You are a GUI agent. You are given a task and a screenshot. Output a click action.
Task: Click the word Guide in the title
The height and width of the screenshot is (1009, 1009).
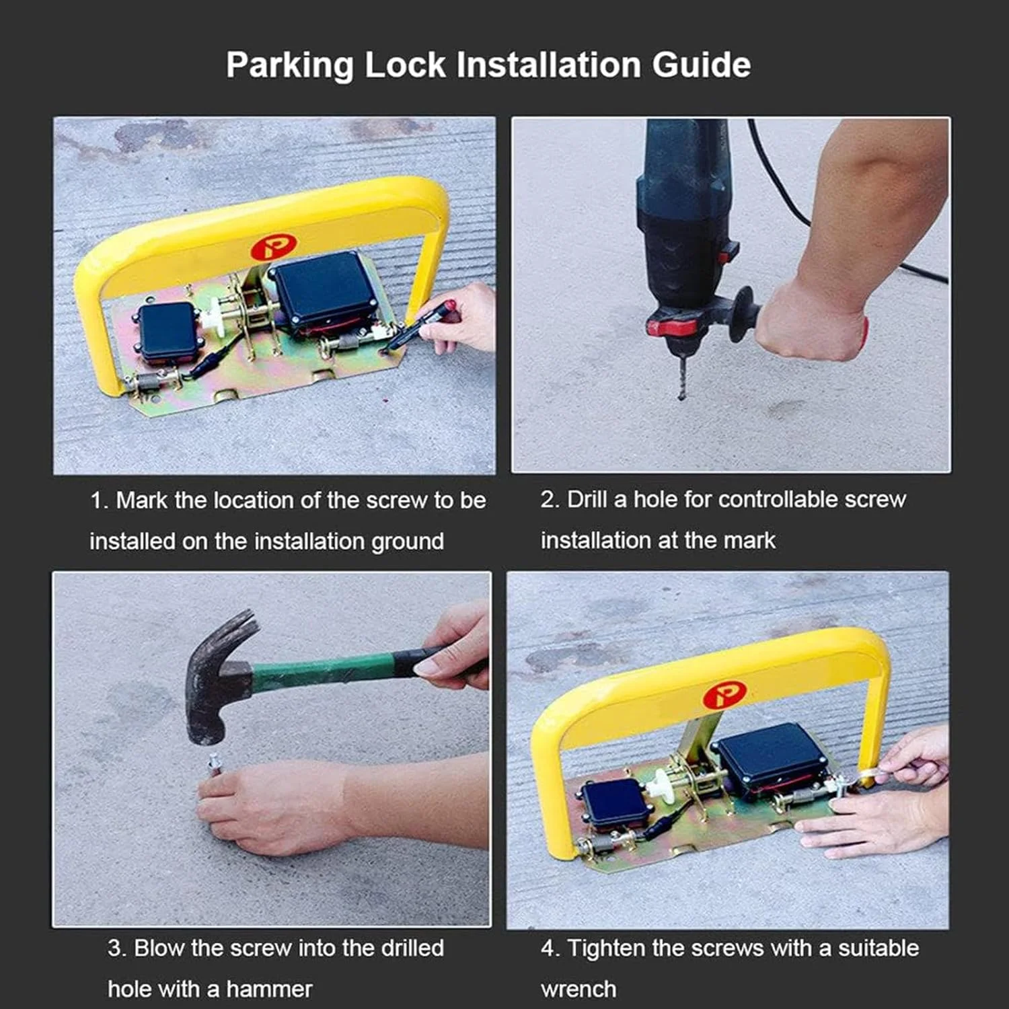701,66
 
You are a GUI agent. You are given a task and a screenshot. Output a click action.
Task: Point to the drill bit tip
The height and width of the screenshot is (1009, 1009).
682,398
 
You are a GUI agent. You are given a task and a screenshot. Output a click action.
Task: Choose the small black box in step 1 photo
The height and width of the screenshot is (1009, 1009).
168,331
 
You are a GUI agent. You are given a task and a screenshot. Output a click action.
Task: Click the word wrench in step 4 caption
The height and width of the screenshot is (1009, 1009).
578,989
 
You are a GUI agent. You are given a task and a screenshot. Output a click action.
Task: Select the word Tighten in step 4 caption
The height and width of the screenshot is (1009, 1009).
607,948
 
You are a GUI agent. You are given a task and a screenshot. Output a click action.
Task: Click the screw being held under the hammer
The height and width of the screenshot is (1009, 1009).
214,765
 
